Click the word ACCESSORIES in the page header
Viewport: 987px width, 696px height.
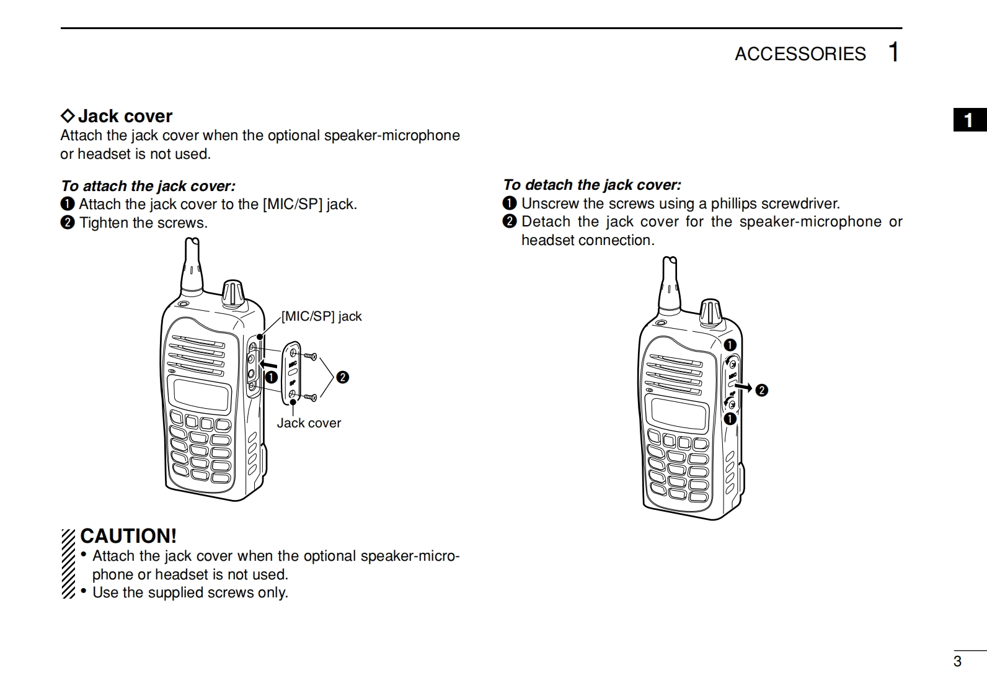click(800, 54)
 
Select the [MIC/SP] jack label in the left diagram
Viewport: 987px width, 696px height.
click(321, 316)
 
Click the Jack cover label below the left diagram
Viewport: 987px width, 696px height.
click(309, 423)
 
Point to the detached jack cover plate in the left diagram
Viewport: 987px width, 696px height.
click(291, 372)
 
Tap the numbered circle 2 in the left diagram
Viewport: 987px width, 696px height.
click(342, 377)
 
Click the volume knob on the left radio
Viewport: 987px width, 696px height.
click(234, 293)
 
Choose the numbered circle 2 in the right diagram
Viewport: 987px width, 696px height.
click(762, 390)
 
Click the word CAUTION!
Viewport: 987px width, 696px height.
click(128, 536)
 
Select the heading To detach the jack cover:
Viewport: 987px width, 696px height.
click(591, 185)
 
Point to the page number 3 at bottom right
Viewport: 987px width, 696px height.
click(957, 661)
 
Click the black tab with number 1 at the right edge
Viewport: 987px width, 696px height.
click(970, 120)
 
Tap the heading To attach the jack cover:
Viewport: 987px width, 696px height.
click(148, 186)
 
